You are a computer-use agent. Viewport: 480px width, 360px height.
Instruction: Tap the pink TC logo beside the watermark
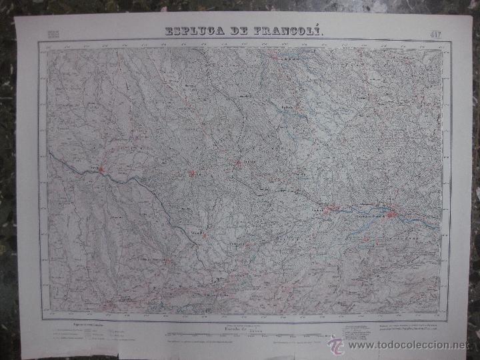[x=336, y=345]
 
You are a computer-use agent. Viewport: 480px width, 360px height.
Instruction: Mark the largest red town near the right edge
[x=393, y=214]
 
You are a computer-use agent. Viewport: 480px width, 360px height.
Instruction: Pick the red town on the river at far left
[x=101, y=170]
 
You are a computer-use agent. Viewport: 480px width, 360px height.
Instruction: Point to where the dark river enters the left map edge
[x=49, y=153]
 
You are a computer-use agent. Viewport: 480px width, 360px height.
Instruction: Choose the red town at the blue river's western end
[x=327, y=211]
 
